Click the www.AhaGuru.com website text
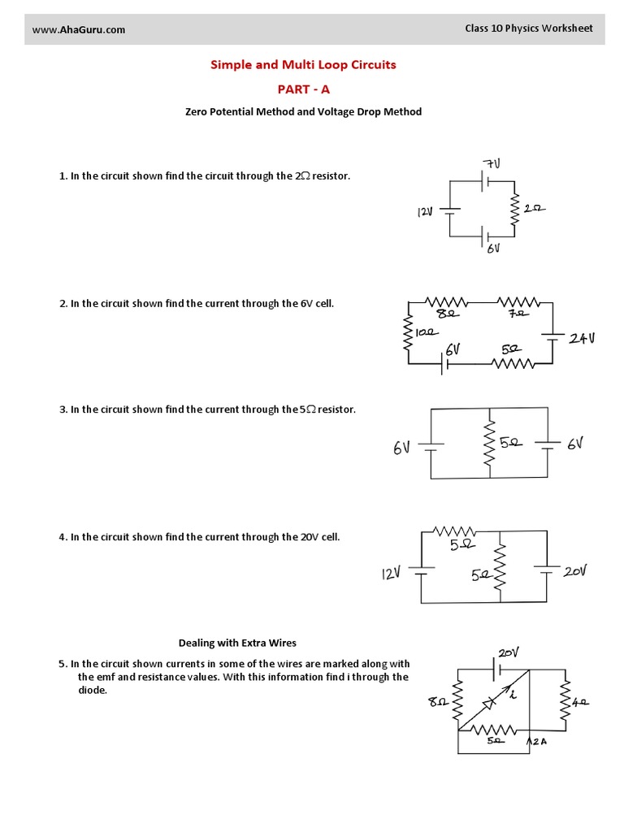point(79,30)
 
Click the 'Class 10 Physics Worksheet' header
point(528,28)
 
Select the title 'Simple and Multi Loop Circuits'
point(303,65)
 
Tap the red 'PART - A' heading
point(303,89)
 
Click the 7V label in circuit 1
point(492,164)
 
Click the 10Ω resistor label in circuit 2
point(427,331)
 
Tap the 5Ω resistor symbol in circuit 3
point(490,444)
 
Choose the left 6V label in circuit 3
point(402,448)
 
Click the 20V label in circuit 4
point(574,571)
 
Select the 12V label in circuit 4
point(392,574)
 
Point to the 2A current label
point(540,741)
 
